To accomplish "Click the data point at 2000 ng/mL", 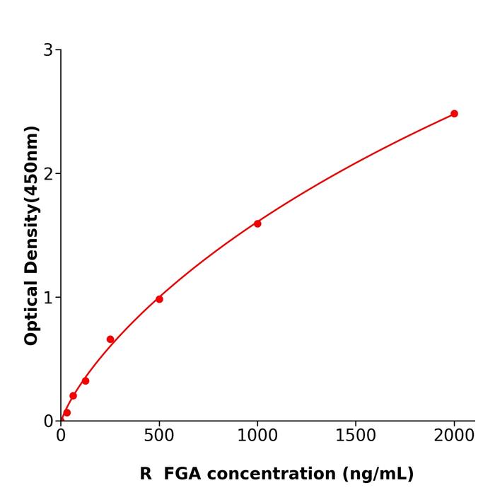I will pyautogui.click(x=454, y=114).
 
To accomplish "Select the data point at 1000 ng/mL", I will pyautogui.click(x=257, y=223).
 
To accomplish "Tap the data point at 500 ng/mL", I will pyautogui.click(x=159, y=299).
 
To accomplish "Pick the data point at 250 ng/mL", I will pyautogui.click(x=110, y=339).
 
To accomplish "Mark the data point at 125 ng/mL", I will pyautogui.click(x=86, y=380).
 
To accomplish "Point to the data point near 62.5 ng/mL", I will pyautogui.click(x=73, y=396).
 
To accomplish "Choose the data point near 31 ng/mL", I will pyautogui.click(x=67, y=412).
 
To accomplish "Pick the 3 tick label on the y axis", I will pyautogui.click(x=48, y=50).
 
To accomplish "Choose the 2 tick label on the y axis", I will pyautogui.click(x=48, y=174).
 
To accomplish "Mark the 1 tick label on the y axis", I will pyautogui.click(x=48, y=298).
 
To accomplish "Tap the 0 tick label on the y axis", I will pyautogui.click(x=48, y=421).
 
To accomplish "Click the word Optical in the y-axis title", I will pyautogui.click(x=31, y=311).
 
